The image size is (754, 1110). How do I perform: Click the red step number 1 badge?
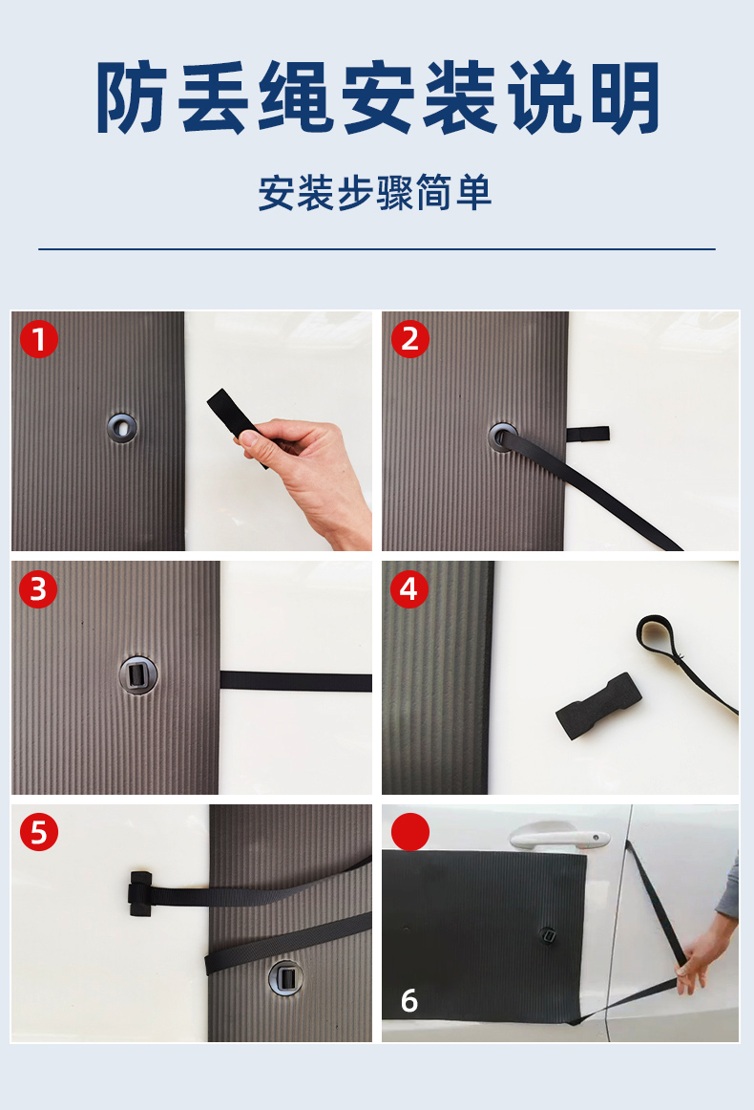(x=39, y=339)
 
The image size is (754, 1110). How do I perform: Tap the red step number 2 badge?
(x=410, y=339)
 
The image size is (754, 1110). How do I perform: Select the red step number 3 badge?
(x=38, y=589)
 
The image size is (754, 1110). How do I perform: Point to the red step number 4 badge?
(x=409, y=589)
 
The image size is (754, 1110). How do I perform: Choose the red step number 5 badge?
(x=39, y=832)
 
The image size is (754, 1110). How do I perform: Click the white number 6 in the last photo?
(x=408, y=1001)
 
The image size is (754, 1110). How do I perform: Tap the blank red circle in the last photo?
(x=410, y=832)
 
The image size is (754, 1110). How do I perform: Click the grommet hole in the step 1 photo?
(x=122, y=427)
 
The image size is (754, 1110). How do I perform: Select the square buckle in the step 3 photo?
(x=137, y=673)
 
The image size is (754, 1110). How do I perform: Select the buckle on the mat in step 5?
(x=285, y=978)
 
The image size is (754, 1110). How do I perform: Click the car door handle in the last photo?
(x=558, y=837)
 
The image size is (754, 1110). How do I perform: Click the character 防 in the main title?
(x=132, y=97)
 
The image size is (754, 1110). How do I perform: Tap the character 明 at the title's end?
(x=625, y=97)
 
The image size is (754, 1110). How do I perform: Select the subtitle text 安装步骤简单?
(x=375, y=193)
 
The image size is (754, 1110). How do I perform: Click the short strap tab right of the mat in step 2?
(x=587, y=434)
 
